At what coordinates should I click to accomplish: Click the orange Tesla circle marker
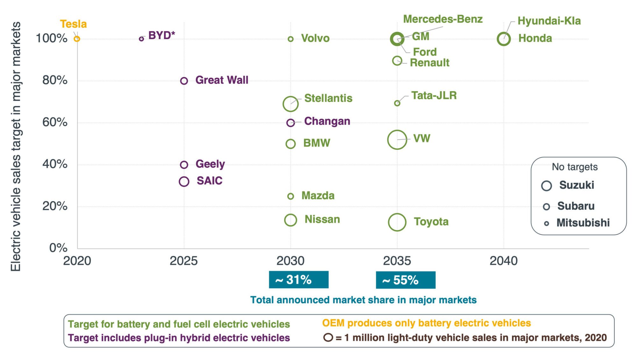pos(77,39)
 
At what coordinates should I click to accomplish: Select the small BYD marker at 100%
pos(141,39)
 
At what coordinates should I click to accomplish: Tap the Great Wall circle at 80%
pos(184,81)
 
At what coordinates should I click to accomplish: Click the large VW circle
pos(397,140)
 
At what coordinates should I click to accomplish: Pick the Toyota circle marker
pos(397,222)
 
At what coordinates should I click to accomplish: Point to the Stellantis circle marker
pos(290,104)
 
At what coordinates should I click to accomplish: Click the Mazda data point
pos(290,196)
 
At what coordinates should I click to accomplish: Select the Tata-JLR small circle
pos(397,103)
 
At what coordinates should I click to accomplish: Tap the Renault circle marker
pos(397,61)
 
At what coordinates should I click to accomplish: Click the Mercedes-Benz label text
pos(443,19)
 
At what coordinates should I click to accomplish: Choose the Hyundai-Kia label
pos(549,21)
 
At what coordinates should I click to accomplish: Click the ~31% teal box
pos(298,280)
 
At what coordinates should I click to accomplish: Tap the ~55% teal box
pos(405,280)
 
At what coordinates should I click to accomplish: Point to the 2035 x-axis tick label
pos(397,261)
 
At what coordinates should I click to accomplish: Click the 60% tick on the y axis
pos(55,122)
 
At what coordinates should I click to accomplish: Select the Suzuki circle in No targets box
pos(546,186)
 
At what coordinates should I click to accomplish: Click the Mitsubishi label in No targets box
pos(583,223)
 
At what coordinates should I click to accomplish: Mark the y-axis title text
pos(16,147)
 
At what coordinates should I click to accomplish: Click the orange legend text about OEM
pos(426,323)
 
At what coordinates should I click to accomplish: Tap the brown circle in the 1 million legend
pos(328,338)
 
